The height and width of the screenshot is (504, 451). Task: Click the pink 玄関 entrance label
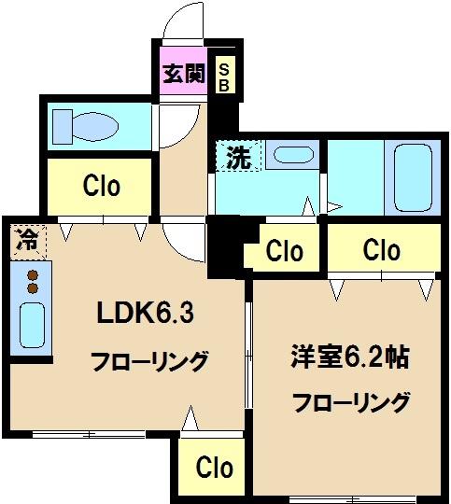click(x=183, y=75)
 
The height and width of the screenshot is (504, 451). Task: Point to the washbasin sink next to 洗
click(x=295, y=156)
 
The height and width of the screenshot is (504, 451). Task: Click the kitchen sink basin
click(x=32, y=326)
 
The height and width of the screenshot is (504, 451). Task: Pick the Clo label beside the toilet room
click(x=101, y=187)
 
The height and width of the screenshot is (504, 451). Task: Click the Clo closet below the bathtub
click(x=381, y=250)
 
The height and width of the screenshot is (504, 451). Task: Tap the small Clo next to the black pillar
click(x=284, y=251)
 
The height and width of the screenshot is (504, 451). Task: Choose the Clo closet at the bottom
click(x=214, y=467)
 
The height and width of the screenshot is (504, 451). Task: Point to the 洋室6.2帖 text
click(x=349, y=357)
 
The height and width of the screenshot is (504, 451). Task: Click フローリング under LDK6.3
click(x=149, y=360)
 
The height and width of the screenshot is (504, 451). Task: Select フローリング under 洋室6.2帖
click(x=351, y=403)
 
